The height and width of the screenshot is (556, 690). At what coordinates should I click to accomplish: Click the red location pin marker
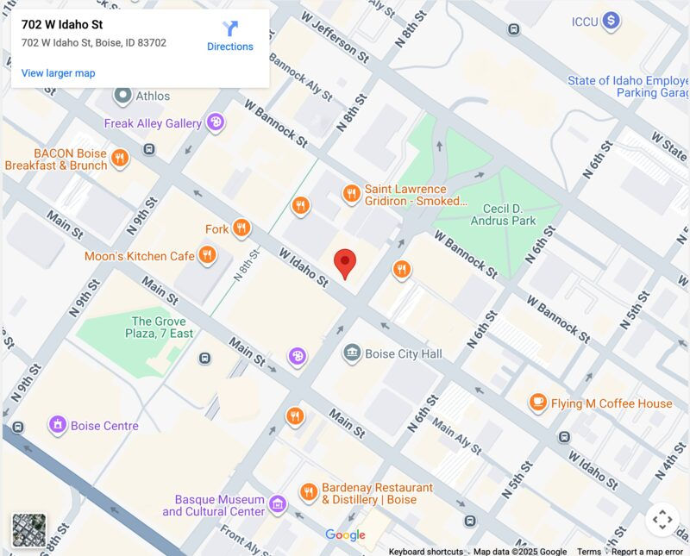[345, 262]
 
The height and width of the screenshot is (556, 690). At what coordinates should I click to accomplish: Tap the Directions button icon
[230, 28]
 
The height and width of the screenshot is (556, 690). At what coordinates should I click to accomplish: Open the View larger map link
[58, 73]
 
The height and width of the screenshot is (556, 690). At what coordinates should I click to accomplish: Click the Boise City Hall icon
[352, 353]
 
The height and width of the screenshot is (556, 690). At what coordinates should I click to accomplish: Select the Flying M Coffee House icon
[538, 403]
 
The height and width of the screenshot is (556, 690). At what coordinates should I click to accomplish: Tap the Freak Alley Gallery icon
[215, 122]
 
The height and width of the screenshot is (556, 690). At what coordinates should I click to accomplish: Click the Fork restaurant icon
[241, 228]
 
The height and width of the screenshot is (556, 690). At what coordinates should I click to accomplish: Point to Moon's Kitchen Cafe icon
[207, 255]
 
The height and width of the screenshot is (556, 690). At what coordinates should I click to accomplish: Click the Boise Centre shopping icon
[58, 425]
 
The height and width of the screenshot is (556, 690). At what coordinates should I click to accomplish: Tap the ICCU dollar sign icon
[611, 21]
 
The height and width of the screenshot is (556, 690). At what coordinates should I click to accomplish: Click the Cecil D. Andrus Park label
[503, 215]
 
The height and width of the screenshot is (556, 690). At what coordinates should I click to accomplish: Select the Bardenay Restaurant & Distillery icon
[309, 492]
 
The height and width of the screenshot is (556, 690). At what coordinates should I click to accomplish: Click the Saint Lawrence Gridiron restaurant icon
[351, 193]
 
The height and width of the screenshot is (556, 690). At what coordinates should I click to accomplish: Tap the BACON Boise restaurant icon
[120, 159]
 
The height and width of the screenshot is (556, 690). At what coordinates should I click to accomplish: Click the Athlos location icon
[123, 95]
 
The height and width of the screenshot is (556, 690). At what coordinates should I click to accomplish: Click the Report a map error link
[647, 552]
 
